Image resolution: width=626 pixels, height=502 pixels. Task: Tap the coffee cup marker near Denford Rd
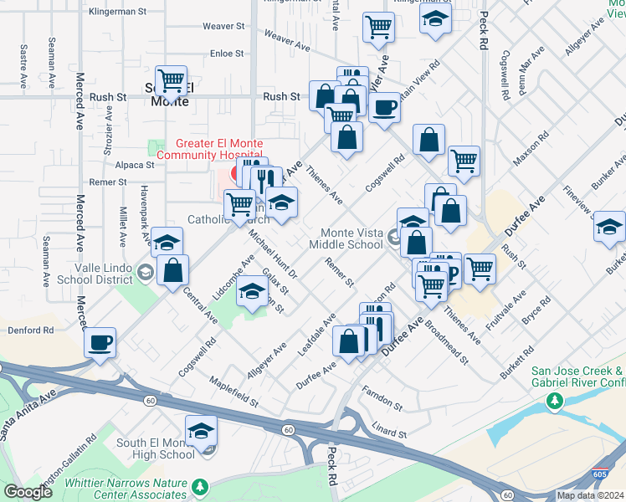click(x=100, y=341)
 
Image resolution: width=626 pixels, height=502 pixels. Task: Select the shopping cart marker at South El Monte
click(x=171, y=80)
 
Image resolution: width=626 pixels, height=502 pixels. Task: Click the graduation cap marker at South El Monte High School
click(x=201, y=431)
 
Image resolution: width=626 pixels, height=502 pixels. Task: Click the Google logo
click(x=28, y=492)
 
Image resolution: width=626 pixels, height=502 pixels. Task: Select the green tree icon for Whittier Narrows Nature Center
click(x=199, y=486)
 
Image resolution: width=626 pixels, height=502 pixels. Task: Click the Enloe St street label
click(x=227, y=53)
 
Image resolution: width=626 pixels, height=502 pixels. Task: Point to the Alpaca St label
click(x=130, y=165)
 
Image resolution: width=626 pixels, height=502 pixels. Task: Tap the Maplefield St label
click(x=229, y=390)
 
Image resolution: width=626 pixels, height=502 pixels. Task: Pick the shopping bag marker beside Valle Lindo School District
click(x=172, y=270)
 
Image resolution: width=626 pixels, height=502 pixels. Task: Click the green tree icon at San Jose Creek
click(x=553, y=402)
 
